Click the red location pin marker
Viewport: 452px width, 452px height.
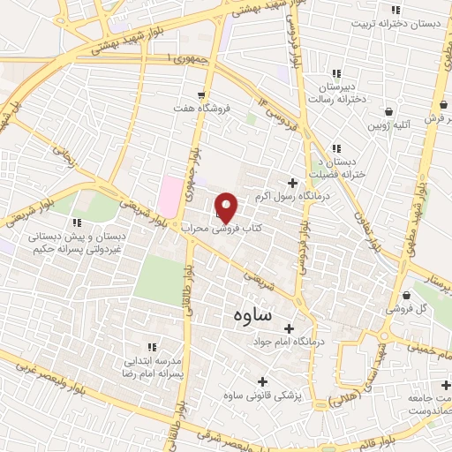click(227, 208)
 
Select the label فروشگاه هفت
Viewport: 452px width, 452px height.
click(202, 109)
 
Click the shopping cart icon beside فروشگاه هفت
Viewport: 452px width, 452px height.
click(202, 94)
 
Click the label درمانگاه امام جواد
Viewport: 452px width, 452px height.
click(289, 341)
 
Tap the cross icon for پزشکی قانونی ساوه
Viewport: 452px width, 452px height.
click(295, 396)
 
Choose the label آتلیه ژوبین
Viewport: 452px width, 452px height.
click(390, 126)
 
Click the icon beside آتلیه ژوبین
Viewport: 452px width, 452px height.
click(390, 112)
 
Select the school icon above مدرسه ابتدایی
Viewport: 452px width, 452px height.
click(151, 347)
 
